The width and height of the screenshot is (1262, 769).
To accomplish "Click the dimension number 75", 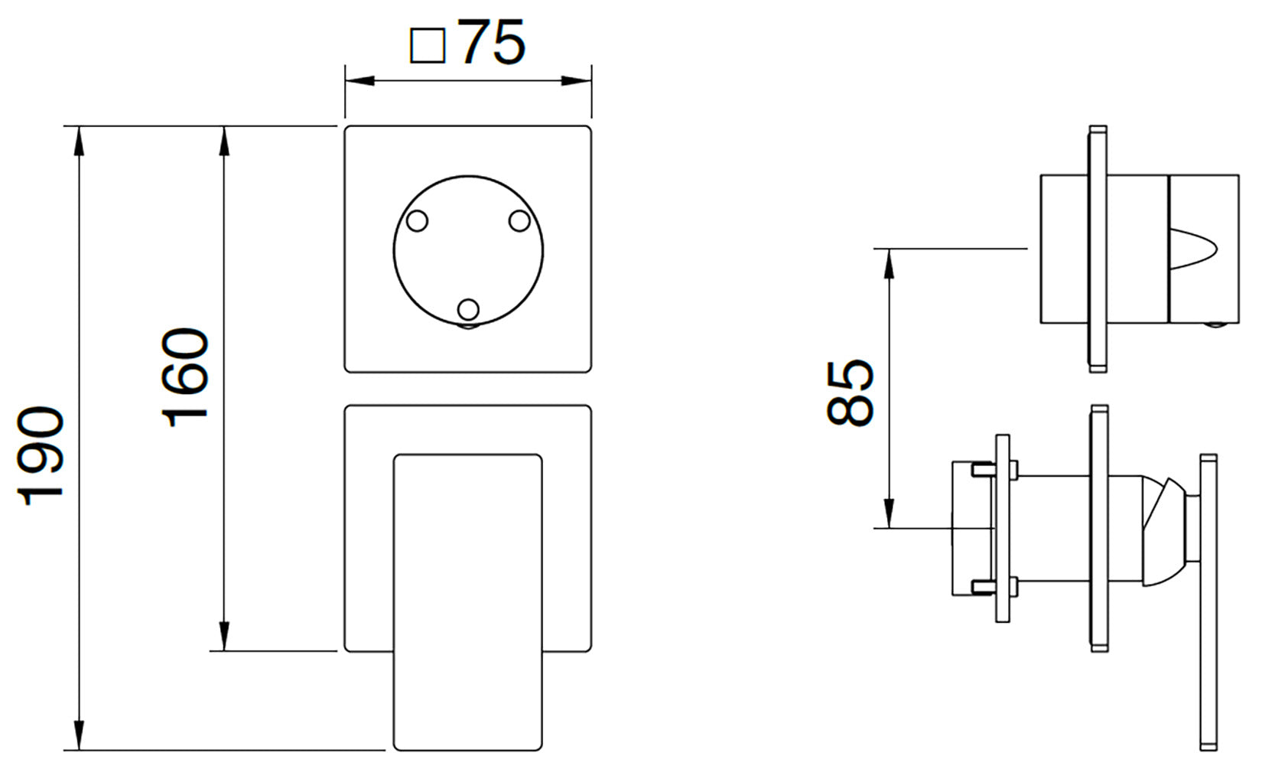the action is [x=493, y=42].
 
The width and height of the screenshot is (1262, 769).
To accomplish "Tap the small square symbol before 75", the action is [x=428, y=46].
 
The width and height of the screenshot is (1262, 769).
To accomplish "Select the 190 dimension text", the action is [x=41, y=455].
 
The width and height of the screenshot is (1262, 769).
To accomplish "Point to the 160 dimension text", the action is [x=185, y=376].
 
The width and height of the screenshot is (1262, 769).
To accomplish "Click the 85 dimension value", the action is [x=851, y=393].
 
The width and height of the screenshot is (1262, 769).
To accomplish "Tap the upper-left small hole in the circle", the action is [x=417, y=221].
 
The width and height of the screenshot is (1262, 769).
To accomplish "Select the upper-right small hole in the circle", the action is [x=519, y=221].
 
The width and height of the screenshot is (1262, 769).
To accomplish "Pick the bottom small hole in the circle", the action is [x=468, y=310].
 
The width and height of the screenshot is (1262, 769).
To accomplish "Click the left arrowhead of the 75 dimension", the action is [x=359, y=80].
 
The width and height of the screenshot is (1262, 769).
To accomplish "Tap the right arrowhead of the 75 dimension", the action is [x=577, y=80].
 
